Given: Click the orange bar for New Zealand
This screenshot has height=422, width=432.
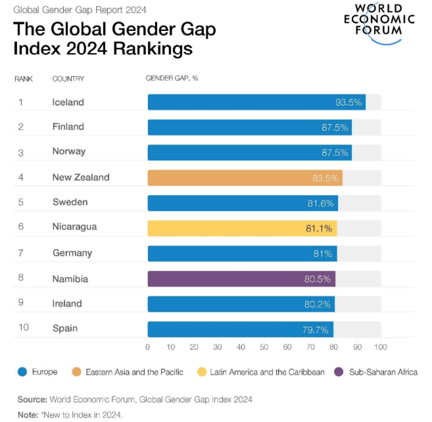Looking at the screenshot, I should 245,177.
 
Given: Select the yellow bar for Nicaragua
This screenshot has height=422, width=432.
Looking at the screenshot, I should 242,228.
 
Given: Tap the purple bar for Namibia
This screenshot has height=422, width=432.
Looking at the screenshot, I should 241,279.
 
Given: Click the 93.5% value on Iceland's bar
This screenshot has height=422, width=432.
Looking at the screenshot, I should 348,103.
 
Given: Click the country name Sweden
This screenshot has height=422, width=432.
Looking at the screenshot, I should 70,202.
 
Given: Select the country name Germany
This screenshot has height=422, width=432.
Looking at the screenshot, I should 72,253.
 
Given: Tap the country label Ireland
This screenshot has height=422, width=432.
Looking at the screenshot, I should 67,304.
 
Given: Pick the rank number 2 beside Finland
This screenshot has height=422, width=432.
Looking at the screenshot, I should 20,127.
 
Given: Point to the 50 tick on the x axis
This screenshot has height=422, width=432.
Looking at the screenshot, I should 264,346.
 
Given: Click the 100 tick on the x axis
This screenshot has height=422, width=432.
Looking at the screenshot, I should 380,346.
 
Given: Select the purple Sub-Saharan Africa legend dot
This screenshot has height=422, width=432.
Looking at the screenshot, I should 339,373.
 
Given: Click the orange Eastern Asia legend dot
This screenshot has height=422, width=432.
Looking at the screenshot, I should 76,373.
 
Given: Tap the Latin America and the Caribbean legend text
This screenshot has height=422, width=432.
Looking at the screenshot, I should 267,373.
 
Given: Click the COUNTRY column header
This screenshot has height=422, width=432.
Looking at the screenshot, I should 68,79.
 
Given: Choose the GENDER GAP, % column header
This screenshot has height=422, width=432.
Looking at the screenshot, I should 172,79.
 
